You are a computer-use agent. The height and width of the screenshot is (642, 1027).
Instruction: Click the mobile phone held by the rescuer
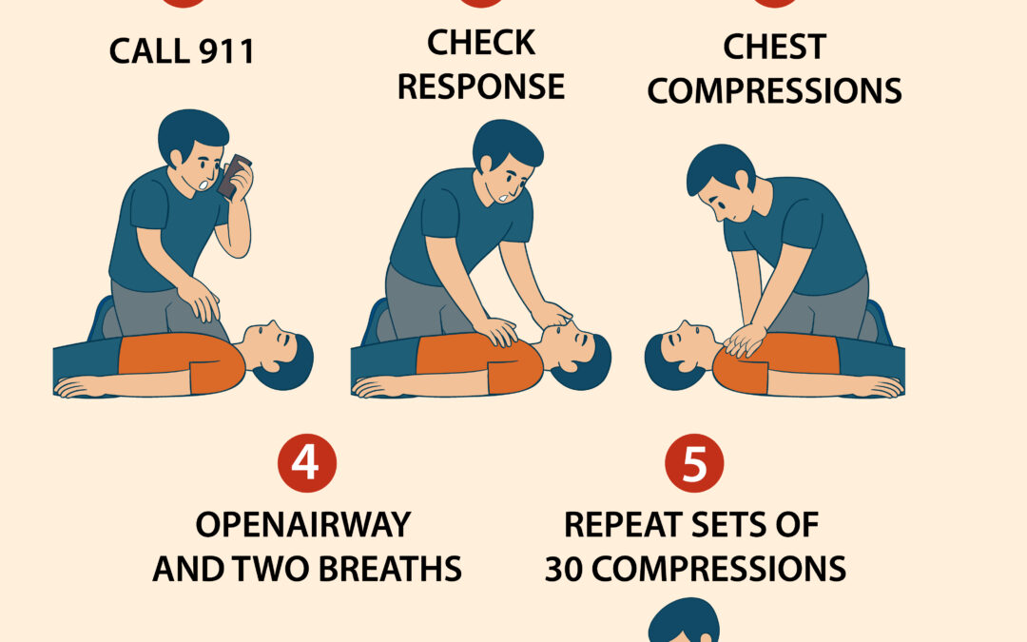[234, 177]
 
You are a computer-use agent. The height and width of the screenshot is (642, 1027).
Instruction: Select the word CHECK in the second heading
[480, 43]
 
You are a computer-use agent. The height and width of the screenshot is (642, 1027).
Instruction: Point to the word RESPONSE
[480, 87]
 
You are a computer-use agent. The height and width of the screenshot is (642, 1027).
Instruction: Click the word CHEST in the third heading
[774, 47]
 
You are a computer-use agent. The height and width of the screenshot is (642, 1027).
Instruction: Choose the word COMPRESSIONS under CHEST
[774, 91]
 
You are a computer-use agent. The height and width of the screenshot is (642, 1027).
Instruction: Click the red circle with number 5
[695, 463]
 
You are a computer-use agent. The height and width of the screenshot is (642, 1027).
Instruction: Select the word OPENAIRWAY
[303, 524]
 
